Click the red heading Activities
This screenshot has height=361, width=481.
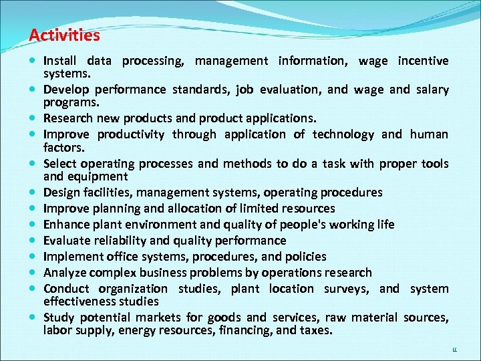65,35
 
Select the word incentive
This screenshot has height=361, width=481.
423,61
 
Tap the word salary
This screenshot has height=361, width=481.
433,90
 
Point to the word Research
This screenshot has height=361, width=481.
69,118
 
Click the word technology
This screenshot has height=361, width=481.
343,134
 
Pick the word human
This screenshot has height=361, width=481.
428,134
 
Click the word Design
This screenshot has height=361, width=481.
61,193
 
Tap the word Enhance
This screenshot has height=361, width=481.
65,225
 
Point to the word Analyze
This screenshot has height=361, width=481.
64,273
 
